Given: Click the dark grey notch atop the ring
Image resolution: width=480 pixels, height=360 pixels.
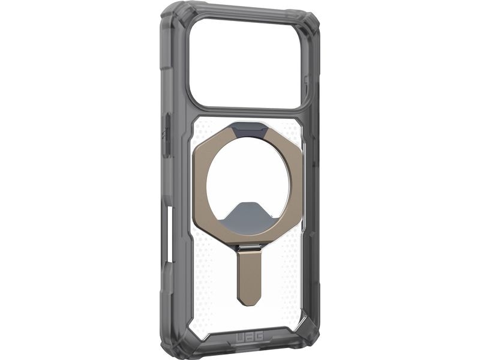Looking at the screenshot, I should tap(247, 127).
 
